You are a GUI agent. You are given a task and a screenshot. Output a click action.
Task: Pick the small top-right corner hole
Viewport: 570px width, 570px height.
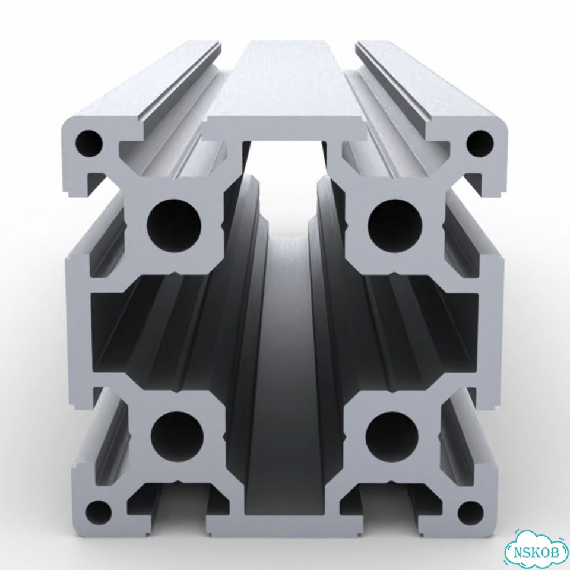(480, 143)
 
